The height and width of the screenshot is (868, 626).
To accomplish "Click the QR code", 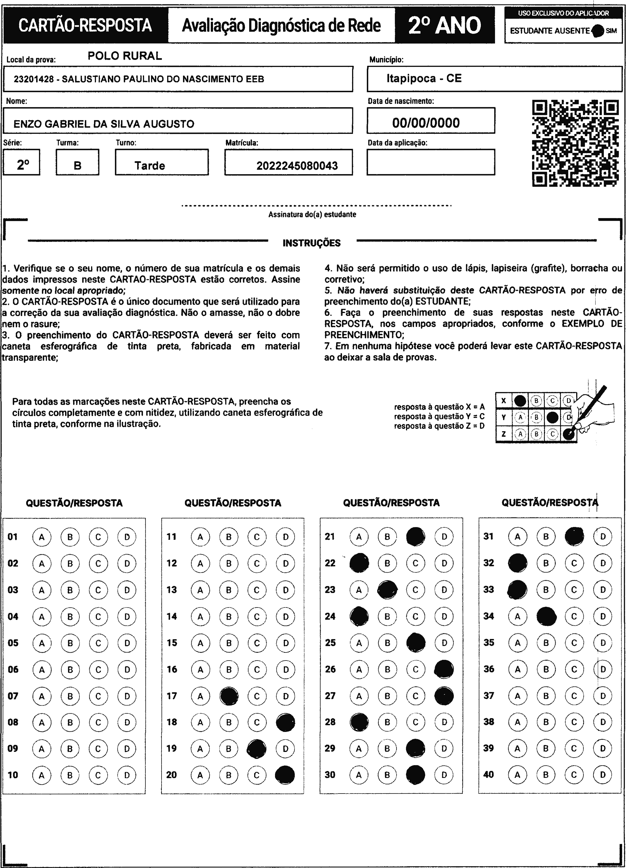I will click(x=575, y=143).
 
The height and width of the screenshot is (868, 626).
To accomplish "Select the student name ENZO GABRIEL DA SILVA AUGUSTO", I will click(x=104, y=124).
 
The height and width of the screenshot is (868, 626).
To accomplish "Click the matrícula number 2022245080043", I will click(x=297, y=166).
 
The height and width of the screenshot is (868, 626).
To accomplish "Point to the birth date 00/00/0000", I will click(x=426, y=123).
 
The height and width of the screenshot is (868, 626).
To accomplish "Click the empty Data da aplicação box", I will click(x=430, y=162).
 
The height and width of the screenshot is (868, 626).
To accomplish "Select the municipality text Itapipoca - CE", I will click(x=424, y=78).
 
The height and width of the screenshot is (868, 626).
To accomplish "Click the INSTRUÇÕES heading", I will click(x=311, y=243).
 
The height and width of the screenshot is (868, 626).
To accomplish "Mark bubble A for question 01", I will click(x=42, y=537).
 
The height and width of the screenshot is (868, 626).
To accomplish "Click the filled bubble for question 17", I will click(x=229, y=696).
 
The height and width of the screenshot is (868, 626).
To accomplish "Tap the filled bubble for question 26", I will click(x=444, y=669).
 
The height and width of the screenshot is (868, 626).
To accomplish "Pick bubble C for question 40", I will click(x=574, y=775).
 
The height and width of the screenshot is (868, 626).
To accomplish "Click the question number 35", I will click(x=488, y=642).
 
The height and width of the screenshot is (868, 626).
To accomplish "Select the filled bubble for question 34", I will click(x=546, y=616).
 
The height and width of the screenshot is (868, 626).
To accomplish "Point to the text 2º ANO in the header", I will click(x=444, y=25).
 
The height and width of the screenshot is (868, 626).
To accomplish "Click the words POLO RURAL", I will click(x=125, y=56).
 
